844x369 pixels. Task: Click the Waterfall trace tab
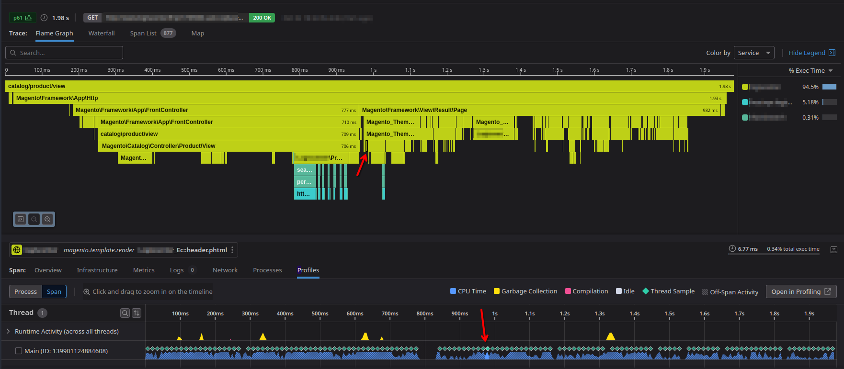pyautogui.click(x=102, y=34)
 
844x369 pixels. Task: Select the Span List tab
pyautogui.click(x=143, y=34)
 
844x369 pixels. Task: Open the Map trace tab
pyautogui.click(x=197, y=34)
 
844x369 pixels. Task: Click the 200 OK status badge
pyautogui.click(x=262, y=18)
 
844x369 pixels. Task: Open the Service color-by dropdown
pyautogui.click(x=754, y=53)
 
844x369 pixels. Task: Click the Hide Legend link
pyautogui.click(x=807, y=53)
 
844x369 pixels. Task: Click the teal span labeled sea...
pyautogui.click(x=305, y=170)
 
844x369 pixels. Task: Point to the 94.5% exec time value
pyautogui.click(x=810, y=87)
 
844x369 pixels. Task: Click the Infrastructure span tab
pyautogui.click(x=97, y=270)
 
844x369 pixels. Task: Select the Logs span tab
pyautogui.click(x=177, y=270)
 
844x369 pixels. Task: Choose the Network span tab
pyautogui.click(x=225, y=270)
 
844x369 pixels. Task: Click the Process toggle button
pyautogui.click(x=25, y=291)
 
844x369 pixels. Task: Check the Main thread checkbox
pyautogui.click(x=19, y=351)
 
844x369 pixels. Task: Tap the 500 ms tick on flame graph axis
pyautogui.click(x=189, y=70)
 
